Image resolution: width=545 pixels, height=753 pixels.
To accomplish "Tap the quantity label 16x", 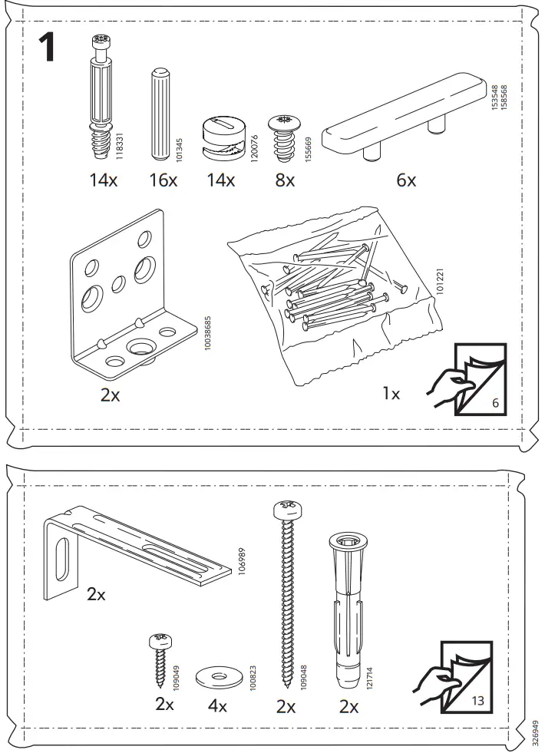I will pos(162,181).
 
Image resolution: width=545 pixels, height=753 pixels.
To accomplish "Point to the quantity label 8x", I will pos(285,181).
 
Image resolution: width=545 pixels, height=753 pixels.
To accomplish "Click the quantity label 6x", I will pos(406,181).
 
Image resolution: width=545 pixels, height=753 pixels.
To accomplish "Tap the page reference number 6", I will pos(495,402).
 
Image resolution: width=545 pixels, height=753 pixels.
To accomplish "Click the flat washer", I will pos(216,676).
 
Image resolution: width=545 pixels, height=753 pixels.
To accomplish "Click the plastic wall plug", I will pos(348,606).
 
